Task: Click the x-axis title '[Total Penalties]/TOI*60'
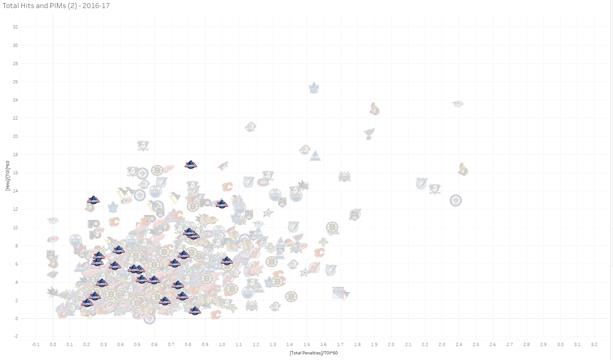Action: (313, 353)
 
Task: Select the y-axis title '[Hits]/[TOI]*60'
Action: (8, 176)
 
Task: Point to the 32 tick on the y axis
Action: (15, 27)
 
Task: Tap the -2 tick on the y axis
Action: (16, 336)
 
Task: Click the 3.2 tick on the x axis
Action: (594, 345)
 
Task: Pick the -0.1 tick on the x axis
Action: (36, 345)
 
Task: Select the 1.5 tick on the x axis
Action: (306, 345)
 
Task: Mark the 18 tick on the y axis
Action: (15, 155)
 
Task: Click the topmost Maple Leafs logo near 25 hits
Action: (314, 88)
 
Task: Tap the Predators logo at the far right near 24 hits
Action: (458, 104)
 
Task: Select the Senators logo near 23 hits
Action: (374, 109)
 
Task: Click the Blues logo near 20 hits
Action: (369, 134)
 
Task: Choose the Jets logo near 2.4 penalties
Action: (456, 200)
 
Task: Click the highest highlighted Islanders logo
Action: (191, 165)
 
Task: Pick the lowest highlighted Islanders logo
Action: (195, 311)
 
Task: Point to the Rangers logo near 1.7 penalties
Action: (339, 292)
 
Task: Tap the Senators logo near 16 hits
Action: (463, 170)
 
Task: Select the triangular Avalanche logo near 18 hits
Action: (315, 156)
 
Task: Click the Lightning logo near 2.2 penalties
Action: (422, 183)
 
